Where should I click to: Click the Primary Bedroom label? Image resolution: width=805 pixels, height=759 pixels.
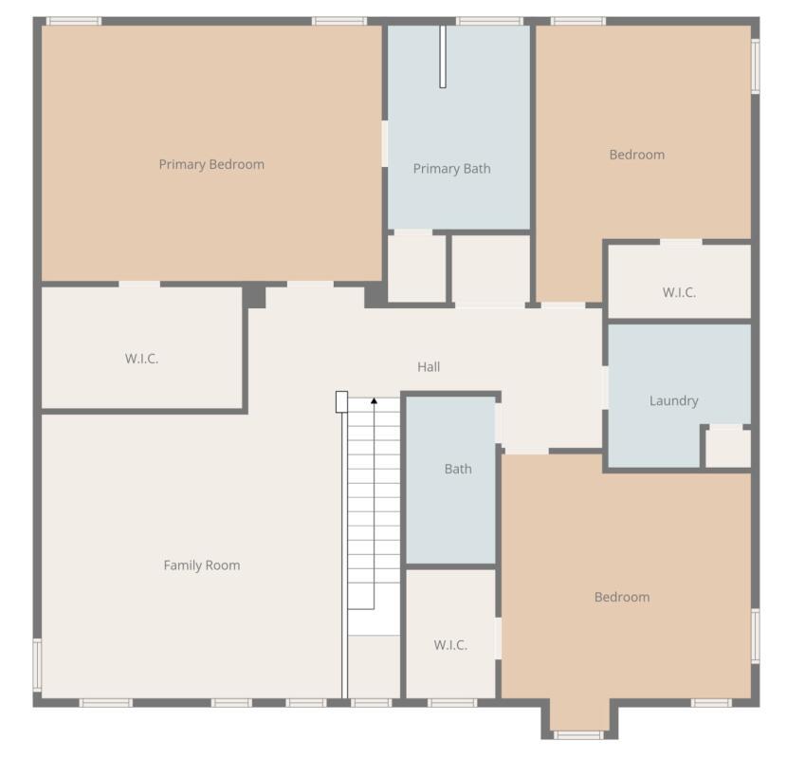point(211,164)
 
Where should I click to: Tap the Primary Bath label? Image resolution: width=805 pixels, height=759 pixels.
point(452,169)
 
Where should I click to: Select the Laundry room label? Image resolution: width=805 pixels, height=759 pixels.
point(674,400)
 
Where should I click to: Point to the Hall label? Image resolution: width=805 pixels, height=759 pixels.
point(429,366)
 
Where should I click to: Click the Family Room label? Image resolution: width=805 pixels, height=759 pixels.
point(202,565)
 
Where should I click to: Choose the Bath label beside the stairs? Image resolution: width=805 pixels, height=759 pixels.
point(458,469)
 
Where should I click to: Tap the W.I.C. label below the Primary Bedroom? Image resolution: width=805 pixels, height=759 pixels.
point(141,359)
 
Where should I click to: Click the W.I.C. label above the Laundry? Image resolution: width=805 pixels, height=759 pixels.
point(679,292)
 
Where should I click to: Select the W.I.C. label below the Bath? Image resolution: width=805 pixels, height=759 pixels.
point(450,645)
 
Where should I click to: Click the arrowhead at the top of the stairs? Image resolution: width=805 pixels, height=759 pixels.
point(374,401)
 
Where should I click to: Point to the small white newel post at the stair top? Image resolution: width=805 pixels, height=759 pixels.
point(341,401)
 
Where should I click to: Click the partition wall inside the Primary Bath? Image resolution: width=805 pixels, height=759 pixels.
point(443,57)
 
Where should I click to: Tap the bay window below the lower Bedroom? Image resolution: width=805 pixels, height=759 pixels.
point(578,734)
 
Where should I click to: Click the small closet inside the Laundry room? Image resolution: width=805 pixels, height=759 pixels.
point(728,448)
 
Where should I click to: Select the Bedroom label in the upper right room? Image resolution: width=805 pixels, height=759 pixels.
point(636,155)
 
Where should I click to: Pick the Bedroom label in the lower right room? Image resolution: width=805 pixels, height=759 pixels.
point(622,597)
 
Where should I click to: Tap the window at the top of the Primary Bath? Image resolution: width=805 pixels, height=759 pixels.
point(489,21)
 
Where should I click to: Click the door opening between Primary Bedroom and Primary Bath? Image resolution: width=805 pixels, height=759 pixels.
point(385,143)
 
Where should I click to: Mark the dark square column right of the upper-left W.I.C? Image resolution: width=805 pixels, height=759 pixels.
point(254,296)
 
